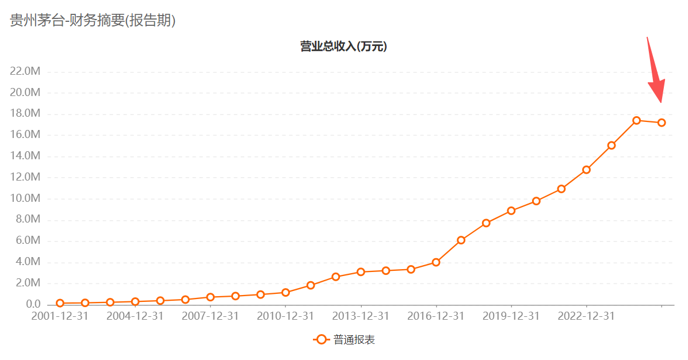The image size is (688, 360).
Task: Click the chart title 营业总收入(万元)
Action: (x=343, y=47)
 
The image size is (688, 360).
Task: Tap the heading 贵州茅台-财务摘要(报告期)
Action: (x=93, y=21)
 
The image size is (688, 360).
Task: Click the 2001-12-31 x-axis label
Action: (x=60, y=316)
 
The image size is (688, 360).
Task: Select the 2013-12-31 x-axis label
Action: (x=361, y=316)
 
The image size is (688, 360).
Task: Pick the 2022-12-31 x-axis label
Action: (x=586, y=316)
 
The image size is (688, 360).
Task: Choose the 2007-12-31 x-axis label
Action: (x=211, y=316)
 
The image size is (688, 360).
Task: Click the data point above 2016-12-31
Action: (x=436, y=262)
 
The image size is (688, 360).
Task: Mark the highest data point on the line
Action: (x=636, y=121)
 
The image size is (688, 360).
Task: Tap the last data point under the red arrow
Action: (x=662, y=122)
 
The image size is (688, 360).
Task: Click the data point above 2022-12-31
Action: (x=586, y=170)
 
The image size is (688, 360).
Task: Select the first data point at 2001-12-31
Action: (x=60, y=303)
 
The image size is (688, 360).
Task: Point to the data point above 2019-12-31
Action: (x=511, y=210)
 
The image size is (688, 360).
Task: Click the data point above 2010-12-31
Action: (x=285, y=293)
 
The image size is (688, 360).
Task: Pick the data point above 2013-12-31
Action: (x=361, y=272)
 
